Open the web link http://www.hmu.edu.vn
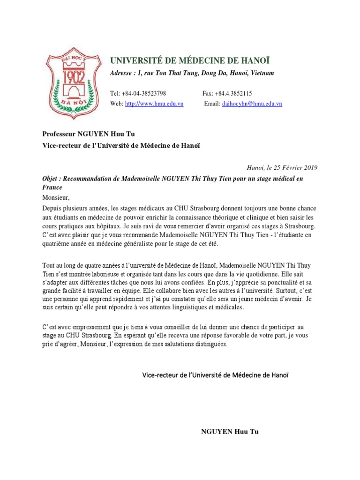pyautogui.click(x=154, y=104)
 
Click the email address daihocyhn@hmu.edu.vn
pyautogui.click(x=252, y=104)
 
